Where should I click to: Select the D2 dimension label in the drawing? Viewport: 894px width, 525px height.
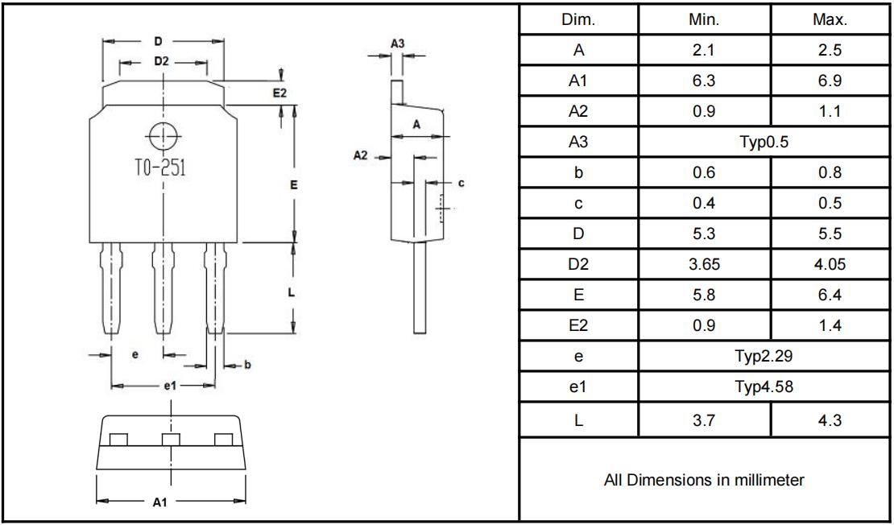coord(161,61)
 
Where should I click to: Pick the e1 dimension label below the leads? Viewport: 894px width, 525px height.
coord(170,387)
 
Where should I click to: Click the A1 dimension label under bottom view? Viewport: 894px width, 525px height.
coord(160,502)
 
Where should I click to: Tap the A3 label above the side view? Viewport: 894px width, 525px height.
coord(397,43)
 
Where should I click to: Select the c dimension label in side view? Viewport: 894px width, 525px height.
coord(461,183)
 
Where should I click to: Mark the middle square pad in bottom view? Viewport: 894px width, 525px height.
coord(170,439)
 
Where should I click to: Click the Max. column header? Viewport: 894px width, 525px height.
coord(830,20)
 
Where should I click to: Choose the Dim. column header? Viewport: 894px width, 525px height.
coord(578,20)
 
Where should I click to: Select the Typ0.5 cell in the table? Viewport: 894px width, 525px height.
coord(764,143)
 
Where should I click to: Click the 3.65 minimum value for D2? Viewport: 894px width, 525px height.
coord(704,264)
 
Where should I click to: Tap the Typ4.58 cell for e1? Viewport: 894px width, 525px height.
coord(764,387)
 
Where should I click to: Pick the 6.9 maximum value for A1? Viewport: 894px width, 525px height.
coord(830,81)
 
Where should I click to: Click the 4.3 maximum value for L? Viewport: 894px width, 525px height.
coord(830,420)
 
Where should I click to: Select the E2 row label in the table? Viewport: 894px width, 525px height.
coord(578,325)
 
